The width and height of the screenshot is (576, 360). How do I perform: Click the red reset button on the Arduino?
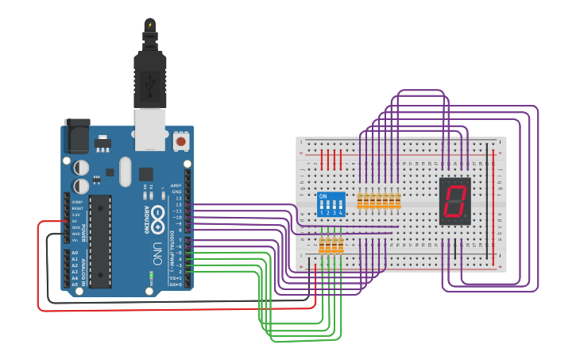(181, 141)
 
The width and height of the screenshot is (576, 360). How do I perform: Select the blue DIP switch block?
(331, 203)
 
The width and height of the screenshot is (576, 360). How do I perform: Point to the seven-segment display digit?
(454, 200)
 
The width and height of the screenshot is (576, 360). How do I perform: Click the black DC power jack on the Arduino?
(78, 137)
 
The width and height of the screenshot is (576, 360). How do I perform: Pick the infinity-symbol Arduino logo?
(157, 215)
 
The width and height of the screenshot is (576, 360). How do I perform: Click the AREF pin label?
(176, 185)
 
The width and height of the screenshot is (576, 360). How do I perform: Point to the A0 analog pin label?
(75, 253)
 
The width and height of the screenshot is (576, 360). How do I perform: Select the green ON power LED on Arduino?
(150, 276)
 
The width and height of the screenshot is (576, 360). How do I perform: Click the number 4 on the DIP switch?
(342, 213)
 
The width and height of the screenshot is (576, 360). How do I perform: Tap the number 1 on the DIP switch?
(321, 213)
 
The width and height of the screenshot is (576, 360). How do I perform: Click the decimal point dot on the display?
(466, 215)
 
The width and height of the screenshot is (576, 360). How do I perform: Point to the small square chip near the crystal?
(145, 173)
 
